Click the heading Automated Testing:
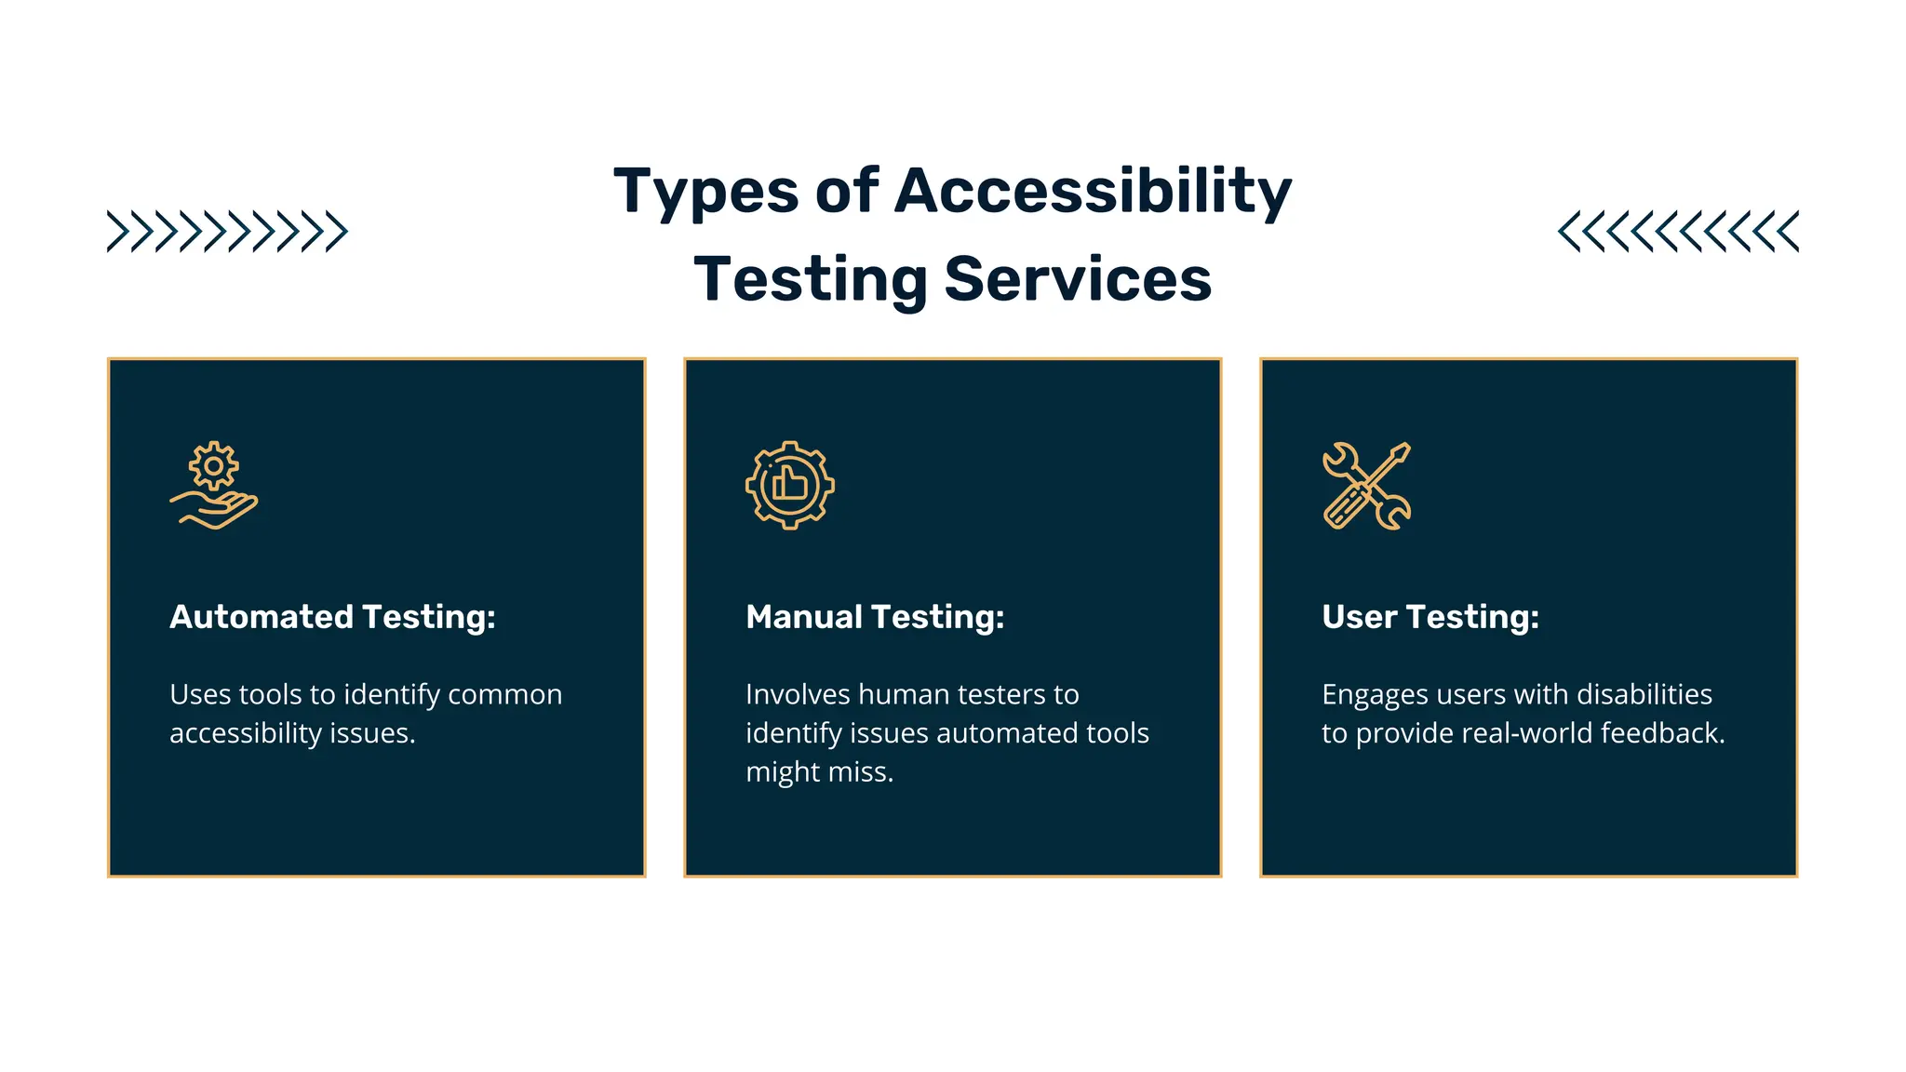[332, 617]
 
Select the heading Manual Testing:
[875, 617]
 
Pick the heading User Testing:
[1430, 617]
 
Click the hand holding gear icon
[214, 485]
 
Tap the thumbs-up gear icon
[790, 485]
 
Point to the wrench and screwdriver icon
[1366, 485]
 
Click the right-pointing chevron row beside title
[227, 232]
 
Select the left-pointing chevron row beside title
[1678, 232]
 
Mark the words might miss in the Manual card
[819, 772]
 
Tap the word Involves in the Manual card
[798, 695]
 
